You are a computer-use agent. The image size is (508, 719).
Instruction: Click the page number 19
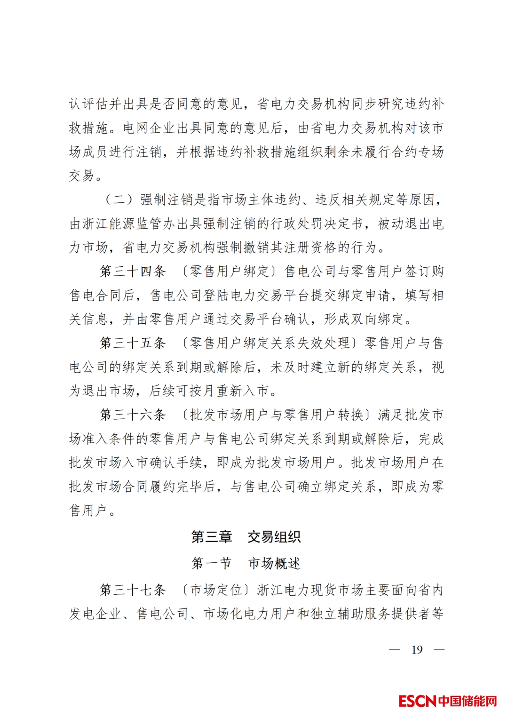(x=417, y=650)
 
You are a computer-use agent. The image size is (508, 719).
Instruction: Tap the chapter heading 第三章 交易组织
(x=246, y=537)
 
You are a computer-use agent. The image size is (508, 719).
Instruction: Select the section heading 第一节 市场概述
(x=246, y=563)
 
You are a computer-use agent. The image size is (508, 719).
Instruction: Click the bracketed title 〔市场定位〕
(x=216, y=590)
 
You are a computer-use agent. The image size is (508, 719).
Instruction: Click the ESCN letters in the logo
(x=417, y=701)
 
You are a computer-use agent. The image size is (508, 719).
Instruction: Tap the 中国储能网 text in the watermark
(x=468, y=701)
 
